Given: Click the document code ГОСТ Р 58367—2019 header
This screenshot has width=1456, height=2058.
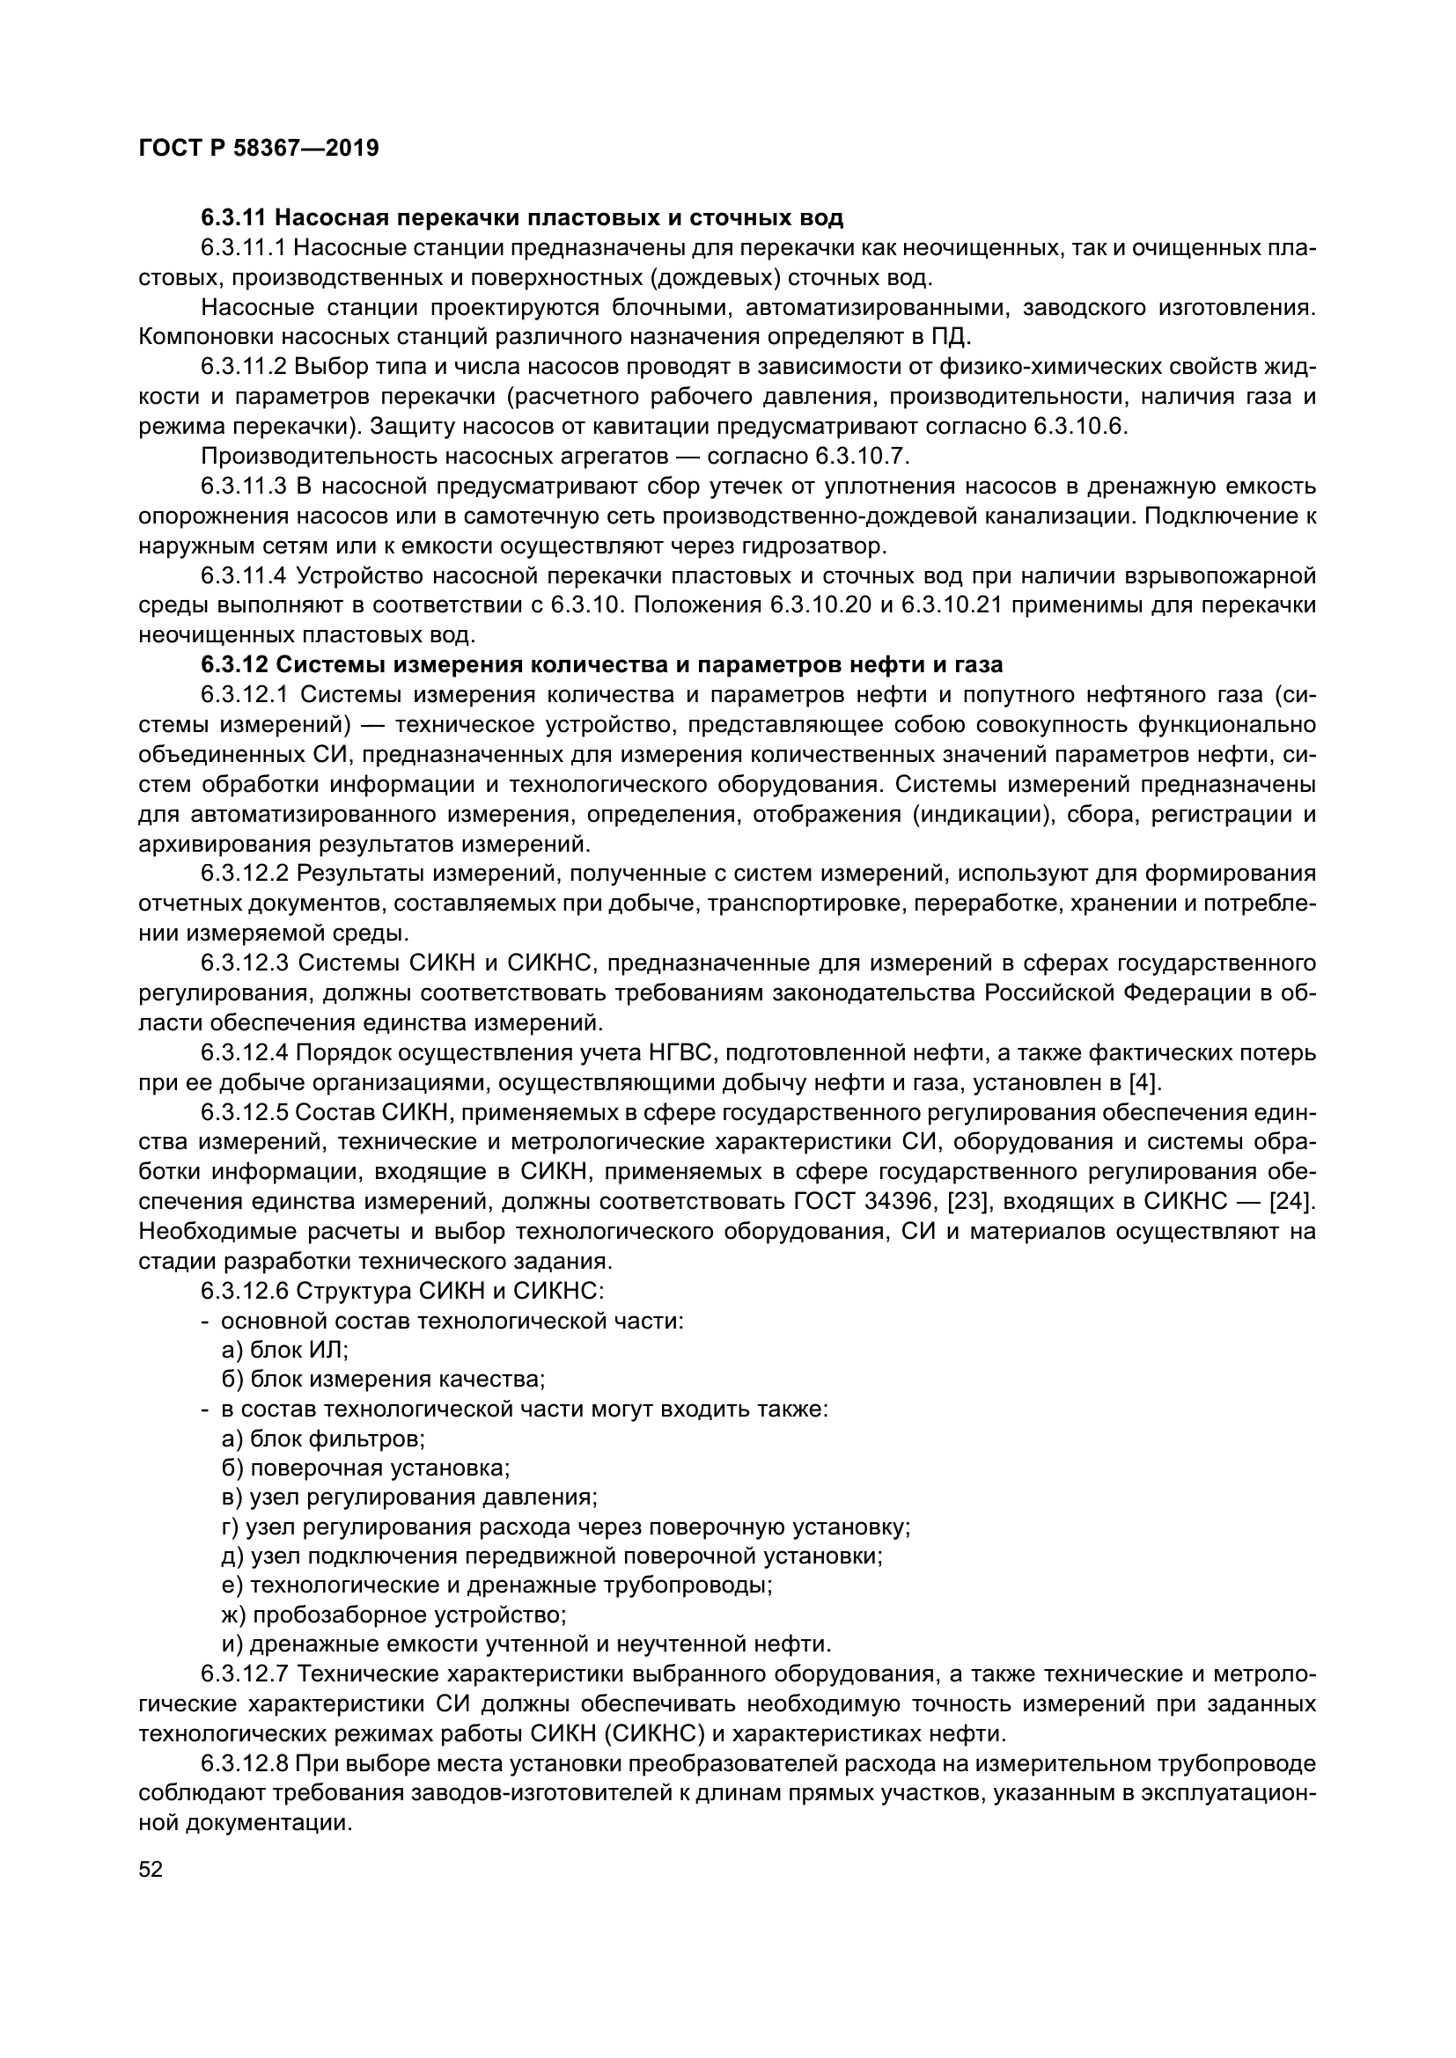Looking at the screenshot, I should click(259, 148).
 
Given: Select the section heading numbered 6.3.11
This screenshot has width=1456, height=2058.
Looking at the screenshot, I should click(522, 218).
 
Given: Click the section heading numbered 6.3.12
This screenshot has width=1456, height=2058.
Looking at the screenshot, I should click(601, 664).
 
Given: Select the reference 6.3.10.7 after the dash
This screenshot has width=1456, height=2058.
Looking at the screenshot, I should click(861, 457).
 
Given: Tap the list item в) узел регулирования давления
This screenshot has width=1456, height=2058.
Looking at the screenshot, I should click(409, 1497).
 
